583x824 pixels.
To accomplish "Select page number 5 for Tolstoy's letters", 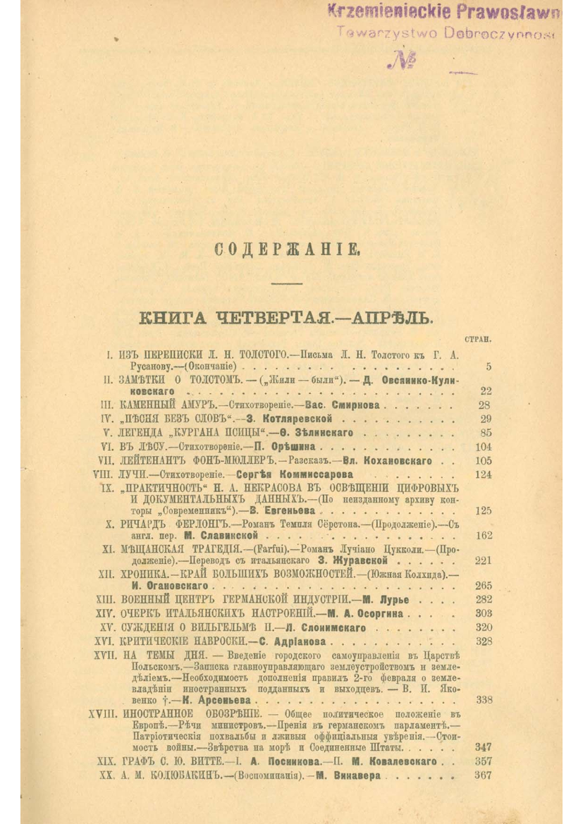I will [x=489, y=367].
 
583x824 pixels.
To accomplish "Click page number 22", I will [x=485, y=391].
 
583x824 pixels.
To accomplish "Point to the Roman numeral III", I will [x=107, y=405].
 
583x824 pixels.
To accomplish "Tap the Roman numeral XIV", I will [x=104, y=613].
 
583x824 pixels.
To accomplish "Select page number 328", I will [x=484, y=641].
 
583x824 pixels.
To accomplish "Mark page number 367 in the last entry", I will [x=484, y=775].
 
